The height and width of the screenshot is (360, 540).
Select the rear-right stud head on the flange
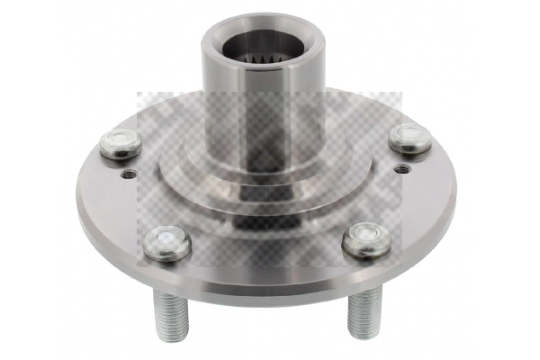pos(409,138)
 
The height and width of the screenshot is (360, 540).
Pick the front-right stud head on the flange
pos(367,238)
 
